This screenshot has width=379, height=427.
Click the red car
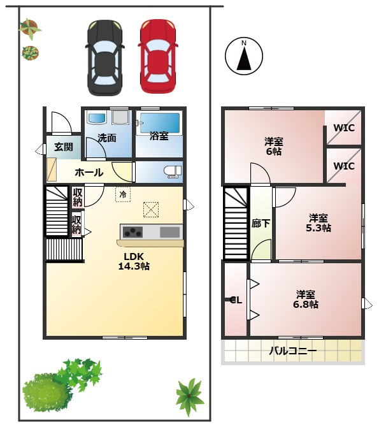157,56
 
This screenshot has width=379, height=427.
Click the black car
105,57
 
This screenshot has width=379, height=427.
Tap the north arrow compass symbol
244,56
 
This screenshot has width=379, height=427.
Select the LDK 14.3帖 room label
134,261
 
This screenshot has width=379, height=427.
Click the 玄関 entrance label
64,147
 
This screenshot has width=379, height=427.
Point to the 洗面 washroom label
107,138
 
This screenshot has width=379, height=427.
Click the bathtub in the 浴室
160,122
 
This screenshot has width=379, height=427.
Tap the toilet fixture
173,171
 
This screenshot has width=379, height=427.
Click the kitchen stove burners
132,232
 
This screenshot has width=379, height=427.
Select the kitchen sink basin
169,232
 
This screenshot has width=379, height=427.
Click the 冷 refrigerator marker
123,194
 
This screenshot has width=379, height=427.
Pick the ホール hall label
89,172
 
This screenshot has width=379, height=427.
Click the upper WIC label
344,127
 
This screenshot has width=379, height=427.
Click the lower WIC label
344,166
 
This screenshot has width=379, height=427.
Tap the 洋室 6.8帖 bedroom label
306,300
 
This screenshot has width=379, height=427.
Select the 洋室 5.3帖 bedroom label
318,223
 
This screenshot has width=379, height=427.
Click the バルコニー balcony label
293,351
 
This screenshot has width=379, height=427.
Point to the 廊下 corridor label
261,224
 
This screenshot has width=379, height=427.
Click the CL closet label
236,300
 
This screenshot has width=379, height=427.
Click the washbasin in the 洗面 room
96,119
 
